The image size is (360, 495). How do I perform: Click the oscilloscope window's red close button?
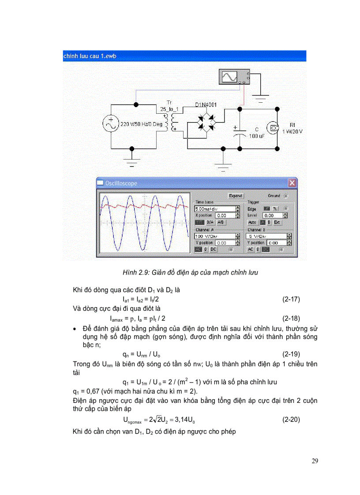coord(292,183)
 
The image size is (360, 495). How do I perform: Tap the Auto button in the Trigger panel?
coord(252,223)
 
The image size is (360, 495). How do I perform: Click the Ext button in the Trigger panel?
coord(277,223)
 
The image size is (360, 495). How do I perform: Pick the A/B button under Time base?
coord(221,223)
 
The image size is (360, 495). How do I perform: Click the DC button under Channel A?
coord(213,249)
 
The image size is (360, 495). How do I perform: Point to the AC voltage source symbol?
coord(110,124)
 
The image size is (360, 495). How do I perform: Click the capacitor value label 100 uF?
coord(256,137)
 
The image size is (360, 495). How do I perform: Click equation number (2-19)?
coord(291,354)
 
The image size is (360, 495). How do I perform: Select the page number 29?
coord(315,461)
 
